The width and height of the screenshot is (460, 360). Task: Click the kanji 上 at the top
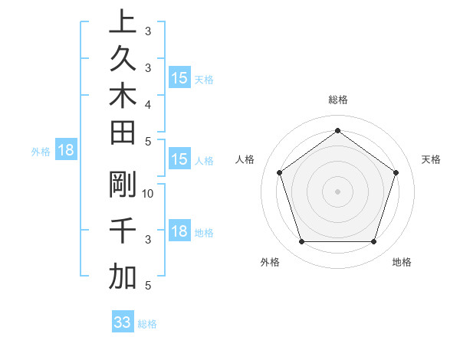[x=123, y=21]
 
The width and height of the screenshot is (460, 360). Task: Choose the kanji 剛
[x=123, y=185]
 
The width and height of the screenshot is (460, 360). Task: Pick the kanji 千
[x=123, y=231]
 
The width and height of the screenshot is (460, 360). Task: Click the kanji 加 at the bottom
[x=123, y=277]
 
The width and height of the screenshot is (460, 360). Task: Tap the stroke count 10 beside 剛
[x=148, y=194]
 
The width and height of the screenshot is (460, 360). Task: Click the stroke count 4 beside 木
[x=148, y=103]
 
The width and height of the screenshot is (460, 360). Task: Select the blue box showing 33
[x=122, y=322]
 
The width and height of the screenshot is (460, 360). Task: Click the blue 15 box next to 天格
[x=179, y=78]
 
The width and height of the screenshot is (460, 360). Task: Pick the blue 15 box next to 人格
[x=179, y=159]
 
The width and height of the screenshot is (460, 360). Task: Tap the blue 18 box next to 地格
[x=179, y=232]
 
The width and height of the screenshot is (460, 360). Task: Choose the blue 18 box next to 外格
[x=66, y=150]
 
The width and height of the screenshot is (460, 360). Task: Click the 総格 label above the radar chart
[x=337, y=100]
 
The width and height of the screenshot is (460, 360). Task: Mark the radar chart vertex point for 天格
[x=396, y=173]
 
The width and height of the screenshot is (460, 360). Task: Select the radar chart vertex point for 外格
[x=301, y=242]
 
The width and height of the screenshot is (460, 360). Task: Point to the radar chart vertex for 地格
[x=373, y=242]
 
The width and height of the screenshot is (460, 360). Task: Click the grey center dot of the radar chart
[x=337, y=191]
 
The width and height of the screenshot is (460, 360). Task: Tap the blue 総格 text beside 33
[x=147, y=324]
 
